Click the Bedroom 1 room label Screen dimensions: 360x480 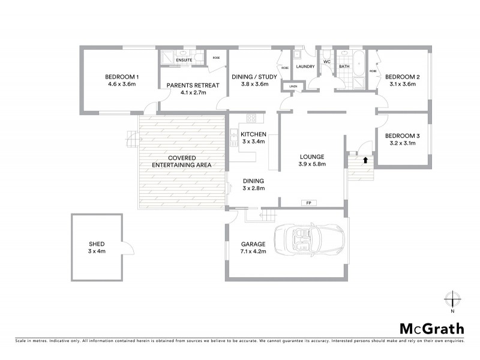tap(122, 77)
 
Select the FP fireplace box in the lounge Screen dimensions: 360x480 tap(308, 203)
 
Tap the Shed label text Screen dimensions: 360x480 tap(97, 244)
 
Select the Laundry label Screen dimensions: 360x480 tap(305, 67)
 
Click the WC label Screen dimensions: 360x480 tap(327, 62)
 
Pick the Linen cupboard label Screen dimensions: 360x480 tap(293, 87)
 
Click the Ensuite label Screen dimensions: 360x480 tap(184, 60)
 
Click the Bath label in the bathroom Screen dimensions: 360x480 tap(344, 67)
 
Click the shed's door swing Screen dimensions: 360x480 tap(126, 248)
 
